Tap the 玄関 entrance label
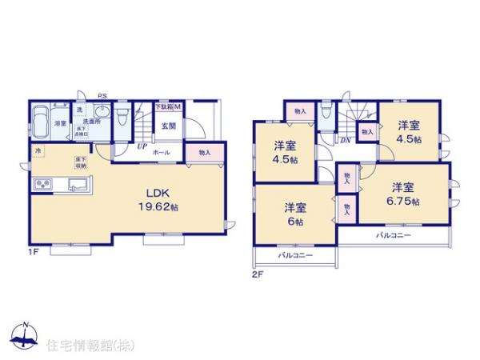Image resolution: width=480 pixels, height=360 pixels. point(168,126)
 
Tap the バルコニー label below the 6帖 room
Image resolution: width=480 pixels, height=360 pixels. point(296,255)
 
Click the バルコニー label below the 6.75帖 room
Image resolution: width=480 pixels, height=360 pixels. point(393,237)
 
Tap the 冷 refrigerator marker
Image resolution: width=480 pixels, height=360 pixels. point(37,150)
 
